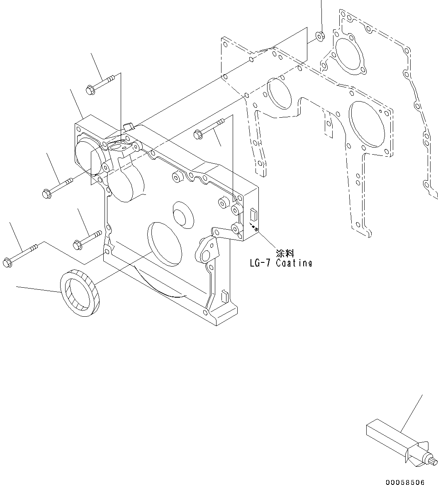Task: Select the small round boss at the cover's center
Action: click(x=181, y=214)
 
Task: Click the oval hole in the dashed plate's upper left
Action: click(x=279, y=92)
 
